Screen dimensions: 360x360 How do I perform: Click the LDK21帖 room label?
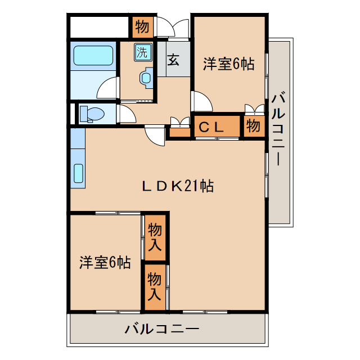[177, 186]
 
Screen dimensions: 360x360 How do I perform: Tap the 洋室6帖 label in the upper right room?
[228, 64]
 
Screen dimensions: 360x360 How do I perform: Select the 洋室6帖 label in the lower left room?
[105, 262]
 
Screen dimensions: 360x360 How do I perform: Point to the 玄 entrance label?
[174, 58]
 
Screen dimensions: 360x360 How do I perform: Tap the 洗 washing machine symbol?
[142, 53]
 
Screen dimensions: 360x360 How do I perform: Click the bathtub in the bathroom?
[94, 55]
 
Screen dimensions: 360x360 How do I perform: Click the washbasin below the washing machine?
[146, 77]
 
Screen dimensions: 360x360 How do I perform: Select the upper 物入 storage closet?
[155, 237]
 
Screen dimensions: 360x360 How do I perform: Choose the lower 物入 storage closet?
[155, 286]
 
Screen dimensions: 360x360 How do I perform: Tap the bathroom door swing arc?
[108, 89]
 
